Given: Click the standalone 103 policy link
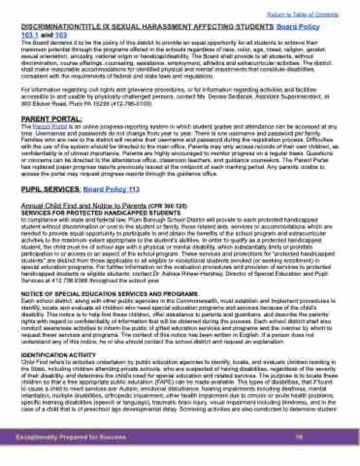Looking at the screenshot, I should (x=61, y=35).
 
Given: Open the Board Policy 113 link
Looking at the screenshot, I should (x=111, y=189).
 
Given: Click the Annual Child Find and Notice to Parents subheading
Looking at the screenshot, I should (x=83, y=205).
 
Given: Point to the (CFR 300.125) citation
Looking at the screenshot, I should (x=168, y=206).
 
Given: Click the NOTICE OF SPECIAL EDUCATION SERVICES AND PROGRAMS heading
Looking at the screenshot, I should (x=110, y=294).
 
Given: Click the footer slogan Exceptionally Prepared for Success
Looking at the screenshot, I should (x=71, y=437).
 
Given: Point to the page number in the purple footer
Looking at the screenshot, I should (x=299, y=437).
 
